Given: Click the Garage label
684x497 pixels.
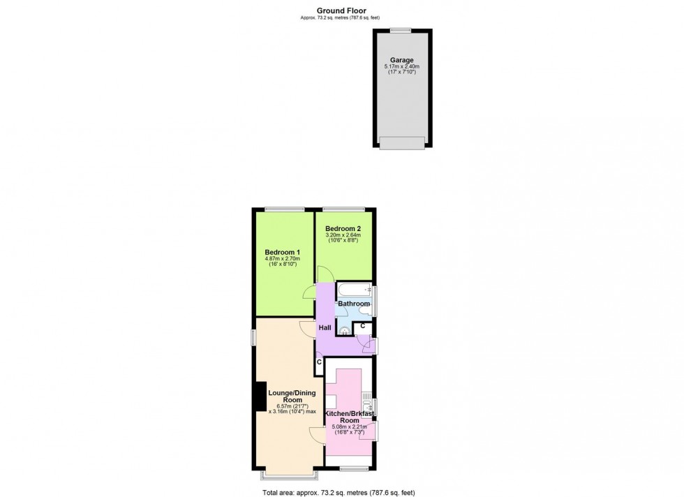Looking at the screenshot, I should click(x=401, y=60).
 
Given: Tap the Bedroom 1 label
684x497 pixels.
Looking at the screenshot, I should click(x=282, y=253).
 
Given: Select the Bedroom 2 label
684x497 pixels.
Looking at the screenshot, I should click(x=342, y=228).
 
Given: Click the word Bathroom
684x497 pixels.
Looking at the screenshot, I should click(x=354, y=304).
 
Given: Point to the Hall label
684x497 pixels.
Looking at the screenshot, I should click(x=325, y=328).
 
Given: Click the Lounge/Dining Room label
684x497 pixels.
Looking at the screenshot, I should click(x=292, y=396).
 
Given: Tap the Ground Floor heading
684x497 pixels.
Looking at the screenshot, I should click(x=341, y=10).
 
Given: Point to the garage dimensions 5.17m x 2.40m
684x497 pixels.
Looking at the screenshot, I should click(x=401, y=67).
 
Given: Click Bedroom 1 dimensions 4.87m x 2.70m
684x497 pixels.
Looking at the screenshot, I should click(x=282, y=260).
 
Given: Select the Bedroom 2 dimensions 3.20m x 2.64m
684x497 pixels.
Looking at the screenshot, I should click(x=342, y=235).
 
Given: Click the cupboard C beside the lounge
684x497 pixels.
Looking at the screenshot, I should click(x=319, y=362).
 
